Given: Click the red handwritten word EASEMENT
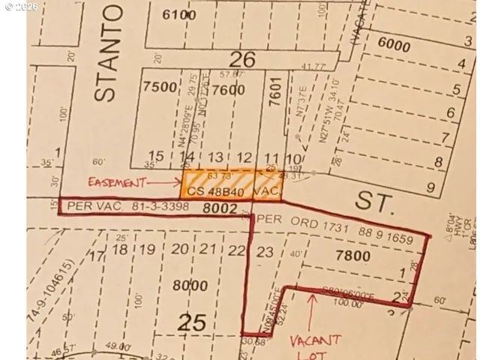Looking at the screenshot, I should pos(117,181).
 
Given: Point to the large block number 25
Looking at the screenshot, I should pos(191,323).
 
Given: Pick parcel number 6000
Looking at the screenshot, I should pos(394,46).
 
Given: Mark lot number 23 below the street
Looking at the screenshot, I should pos(265,252).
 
